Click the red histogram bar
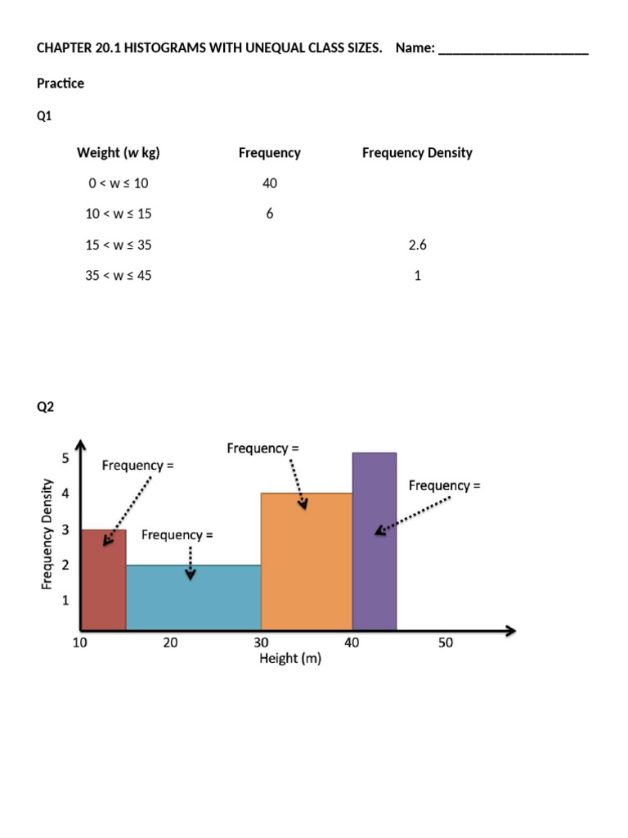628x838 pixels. click(103, 581)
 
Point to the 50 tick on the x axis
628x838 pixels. click(445, 643)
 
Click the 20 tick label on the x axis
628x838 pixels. click(170, 643)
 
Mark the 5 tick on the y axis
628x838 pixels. click(65, 458)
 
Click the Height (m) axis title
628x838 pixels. click(290, 659)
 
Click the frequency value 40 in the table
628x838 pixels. click(270, 183)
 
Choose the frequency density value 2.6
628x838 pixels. click(418, 245)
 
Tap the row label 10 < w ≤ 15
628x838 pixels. click(119, 214)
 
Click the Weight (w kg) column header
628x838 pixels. click(118, 152)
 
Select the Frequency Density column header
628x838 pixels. click(417, 152)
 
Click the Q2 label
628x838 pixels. click(45, 407)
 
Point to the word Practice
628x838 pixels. click(61, 83)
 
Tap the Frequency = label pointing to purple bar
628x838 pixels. click(444, 485)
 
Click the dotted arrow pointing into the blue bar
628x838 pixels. click(191, 563)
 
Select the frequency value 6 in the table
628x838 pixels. click(270, 214)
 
